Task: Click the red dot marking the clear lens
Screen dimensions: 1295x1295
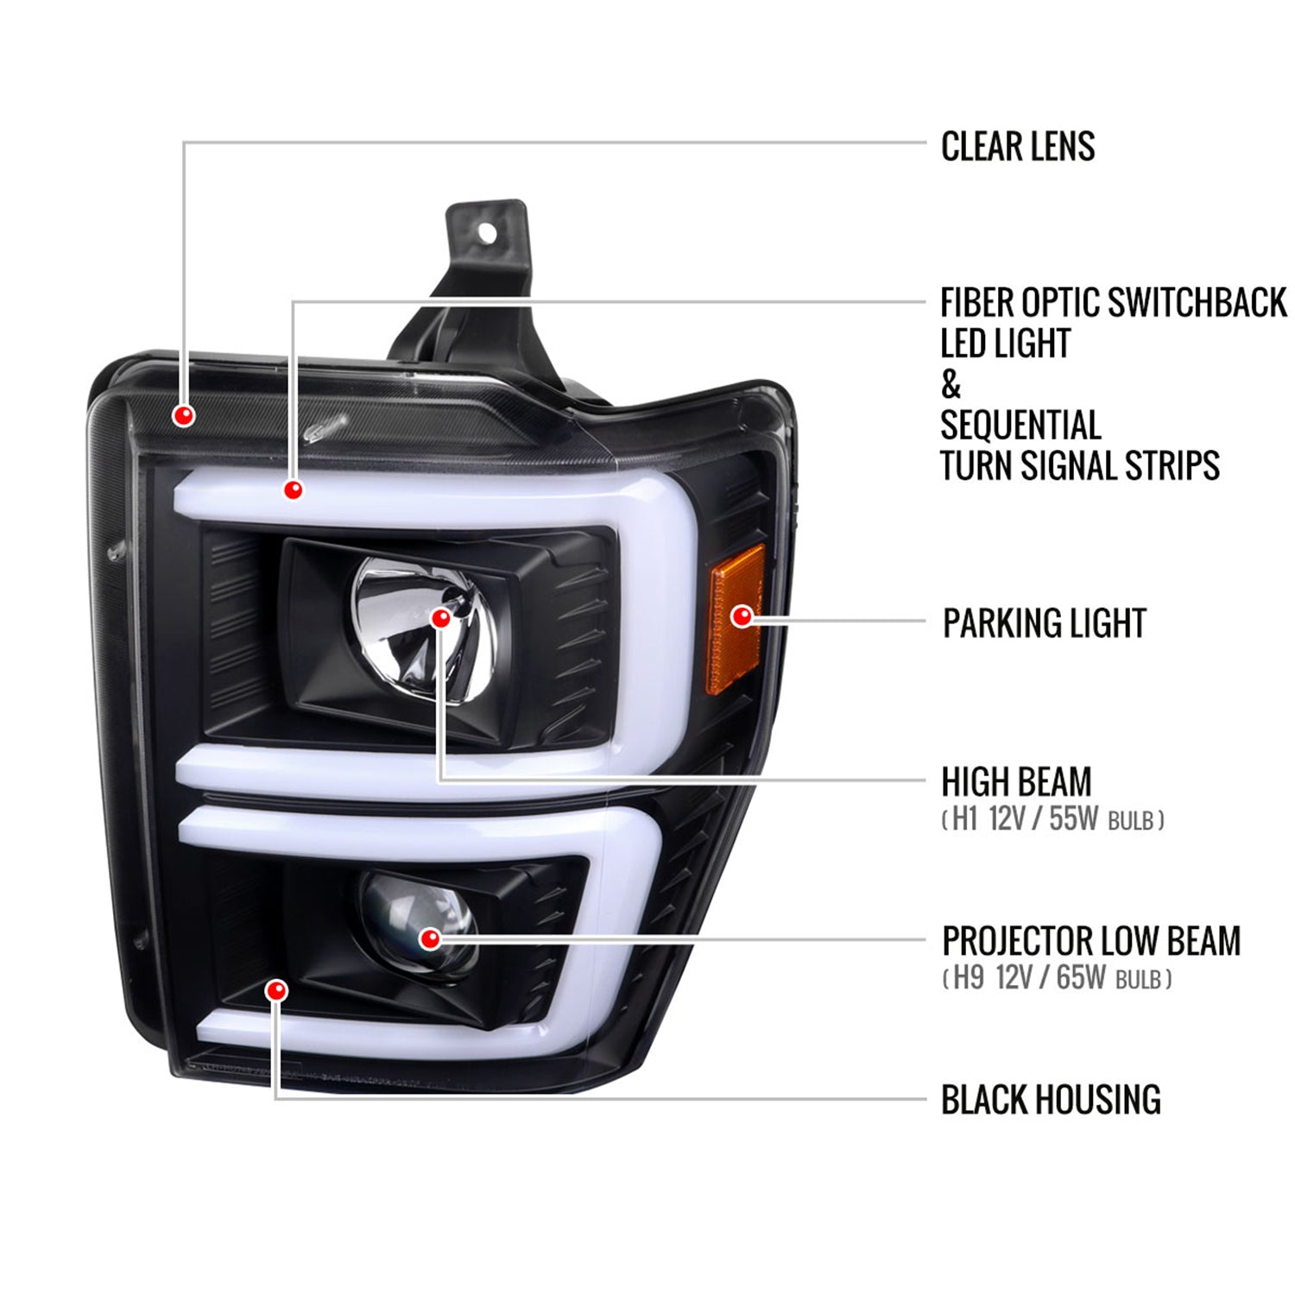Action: coord(183,415)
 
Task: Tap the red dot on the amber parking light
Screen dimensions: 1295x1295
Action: coord(742,616)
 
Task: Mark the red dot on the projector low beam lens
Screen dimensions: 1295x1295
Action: coord(429,938)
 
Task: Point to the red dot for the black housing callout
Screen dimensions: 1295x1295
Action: coord(276,990)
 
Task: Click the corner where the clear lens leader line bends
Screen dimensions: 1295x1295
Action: coord(184,142)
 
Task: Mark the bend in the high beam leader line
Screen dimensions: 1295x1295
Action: coord(440,780)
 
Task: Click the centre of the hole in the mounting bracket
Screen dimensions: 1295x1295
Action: coord(486,232)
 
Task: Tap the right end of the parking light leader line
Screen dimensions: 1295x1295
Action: coord(925,619)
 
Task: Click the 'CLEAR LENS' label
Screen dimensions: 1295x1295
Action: coord(1018,147)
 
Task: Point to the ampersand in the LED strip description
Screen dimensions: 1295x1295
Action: coord(951,385)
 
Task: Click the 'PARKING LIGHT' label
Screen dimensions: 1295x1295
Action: coord(1045,623)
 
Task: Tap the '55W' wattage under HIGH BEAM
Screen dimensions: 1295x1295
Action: coord(1073,818)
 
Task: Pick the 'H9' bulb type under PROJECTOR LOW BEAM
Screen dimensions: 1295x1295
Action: coord(968,978)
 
